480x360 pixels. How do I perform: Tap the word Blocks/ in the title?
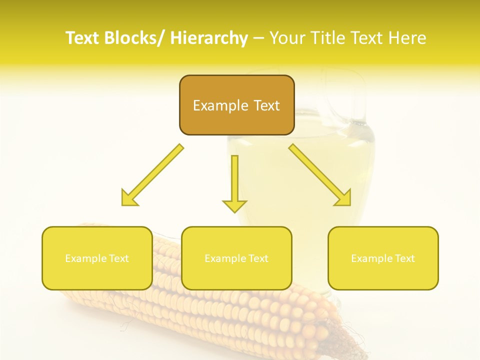click(x=134, y=38)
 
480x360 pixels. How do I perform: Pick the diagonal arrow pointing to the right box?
click(x=320, y=175)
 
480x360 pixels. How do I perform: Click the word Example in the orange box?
click(x=220, y=105)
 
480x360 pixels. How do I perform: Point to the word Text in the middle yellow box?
click(x=258, y=258)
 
